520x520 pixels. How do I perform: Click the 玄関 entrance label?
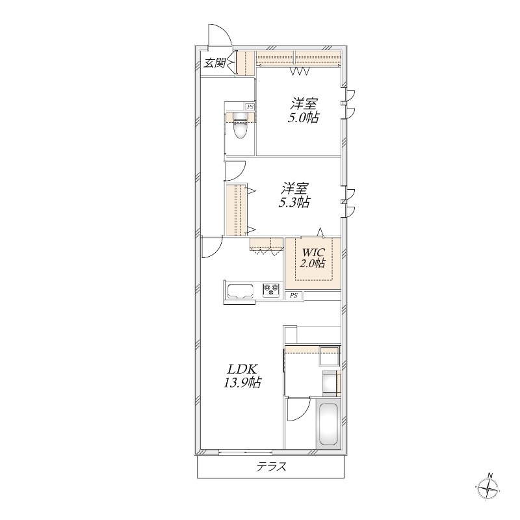[214, 62]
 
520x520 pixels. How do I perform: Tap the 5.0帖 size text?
[303, 118]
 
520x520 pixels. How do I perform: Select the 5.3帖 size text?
[294, 202]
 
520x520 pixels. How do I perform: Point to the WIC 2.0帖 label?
[313, 257]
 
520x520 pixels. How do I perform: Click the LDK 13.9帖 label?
[241, 376]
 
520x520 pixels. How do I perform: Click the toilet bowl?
[240, 128]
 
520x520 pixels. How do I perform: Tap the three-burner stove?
[271, 289]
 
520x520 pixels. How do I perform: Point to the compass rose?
[488, 489]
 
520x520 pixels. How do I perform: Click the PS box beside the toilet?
[250, 107]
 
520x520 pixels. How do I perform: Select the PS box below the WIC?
[294, 296]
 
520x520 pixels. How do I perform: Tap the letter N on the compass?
[489, 475]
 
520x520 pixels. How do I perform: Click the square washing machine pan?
[329, 356]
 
